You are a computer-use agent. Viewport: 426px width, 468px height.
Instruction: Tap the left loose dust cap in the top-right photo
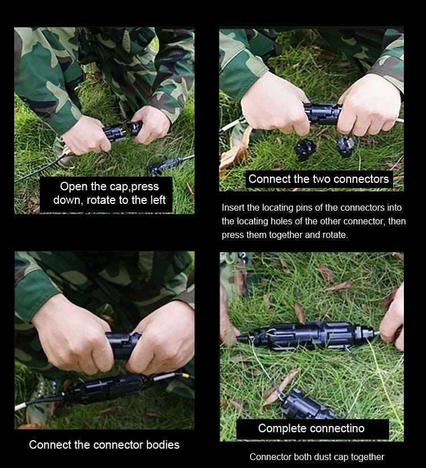click(305, 149)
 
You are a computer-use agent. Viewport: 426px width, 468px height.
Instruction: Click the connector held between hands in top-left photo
click(121, 131)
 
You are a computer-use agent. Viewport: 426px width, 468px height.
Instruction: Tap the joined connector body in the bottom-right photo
click(310, 335)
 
